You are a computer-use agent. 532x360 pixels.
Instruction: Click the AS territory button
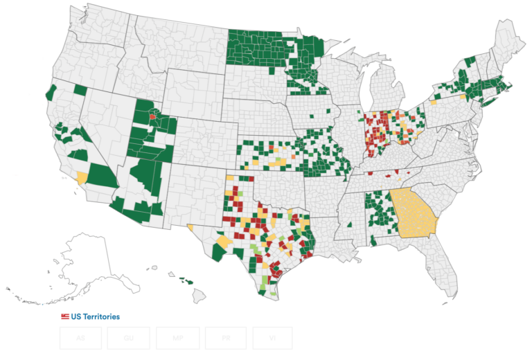pyautogui.click(x=80, y=338)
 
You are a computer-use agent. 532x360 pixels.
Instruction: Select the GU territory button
pyautogui.click(x=129, y=338)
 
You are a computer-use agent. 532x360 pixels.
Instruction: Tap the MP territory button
pyautogui.click(x=177, y=338)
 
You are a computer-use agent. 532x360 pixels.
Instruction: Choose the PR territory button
pyautogui.click(x=226, y=338)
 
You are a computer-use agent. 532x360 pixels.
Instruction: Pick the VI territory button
pyautogui.click(x=272, y=338)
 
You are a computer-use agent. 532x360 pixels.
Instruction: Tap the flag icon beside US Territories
pyautogui.click(x=65, y=316)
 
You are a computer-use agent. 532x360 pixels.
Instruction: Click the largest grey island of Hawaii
pyautogui.click(x=199, y=296)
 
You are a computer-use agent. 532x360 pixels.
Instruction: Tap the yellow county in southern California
pyautogui.click(x=82, y=177)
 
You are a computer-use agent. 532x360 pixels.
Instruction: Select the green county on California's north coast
pyautogui.click(x=50, y=93)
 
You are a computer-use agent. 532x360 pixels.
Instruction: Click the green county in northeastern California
pyautogui.click(x=80, y=90)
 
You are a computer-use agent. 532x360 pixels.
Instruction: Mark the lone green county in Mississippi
pyautogui.click(x=350, y=224)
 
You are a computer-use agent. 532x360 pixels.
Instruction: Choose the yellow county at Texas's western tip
pyautogui.click(x=190, y=226)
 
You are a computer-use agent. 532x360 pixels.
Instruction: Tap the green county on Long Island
pyautogui.click(x=485, y=102)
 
